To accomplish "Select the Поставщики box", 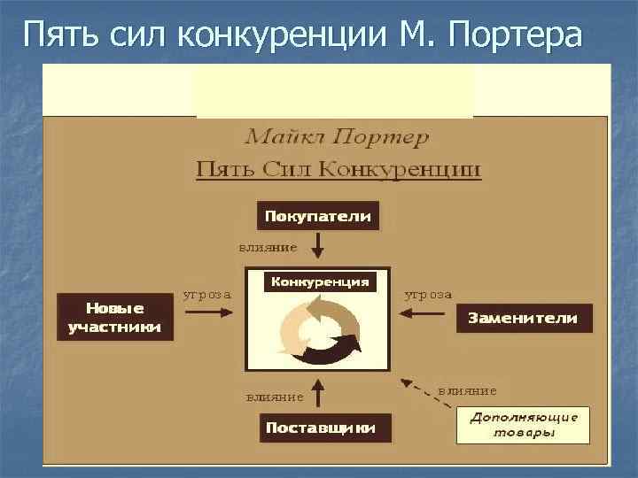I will (321, 428).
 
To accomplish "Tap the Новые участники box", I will (116, 318).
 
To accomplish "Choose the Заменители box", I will (523, 318).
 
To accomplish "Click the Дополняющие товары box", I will (523, 425).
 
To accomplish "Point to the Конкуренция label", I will (320, 281).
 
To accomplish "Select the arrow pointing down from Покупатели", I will (318, 245).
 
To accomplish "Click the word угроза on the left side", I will (207, 294).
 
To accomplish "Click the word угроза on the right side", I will (428, 294).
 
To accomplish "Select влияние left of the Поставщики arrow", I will (275, 397).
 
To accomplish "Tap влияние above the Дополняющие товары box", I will (468, 389).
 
